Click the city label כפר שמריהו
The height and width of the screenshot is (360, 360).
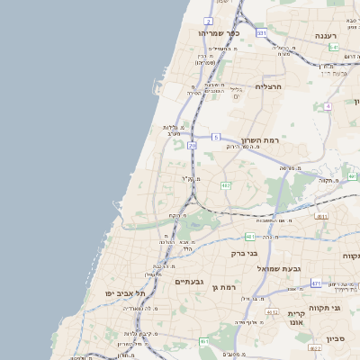tap(217, 33)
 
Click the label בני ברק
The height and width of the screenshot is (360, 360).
tap(245, 253)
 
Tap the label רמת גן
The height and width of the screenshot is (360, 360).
tap(224, 287)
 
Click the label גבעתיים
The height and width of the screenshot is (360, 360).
tap(190, 282)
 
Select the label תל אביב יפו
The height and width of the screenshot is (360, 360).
tap(125, 293)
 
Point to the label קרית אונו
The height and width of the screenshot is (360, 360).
tap(296, 318)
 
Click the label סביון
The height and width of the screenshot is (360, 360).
tap(336, 339)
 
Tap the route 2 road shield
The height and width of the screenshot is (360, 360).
tap(208, 20)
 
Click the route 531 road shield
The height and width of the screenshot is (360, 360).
tap(261, 32)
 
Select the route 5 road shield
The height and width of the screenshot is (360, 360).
tap(216, 137)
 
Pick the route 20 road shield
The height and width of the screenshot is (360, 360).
tap(192, 145)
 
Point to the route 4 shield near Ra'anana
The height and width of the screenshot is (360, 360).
tap(328, 106)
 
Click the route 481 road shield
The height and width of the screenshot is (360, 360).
tap(249, 237)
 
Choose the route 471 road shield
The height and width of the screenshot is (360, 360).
tap(316, 283)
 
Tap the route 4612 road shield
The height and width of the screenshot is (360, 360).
tap(272, 311)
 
